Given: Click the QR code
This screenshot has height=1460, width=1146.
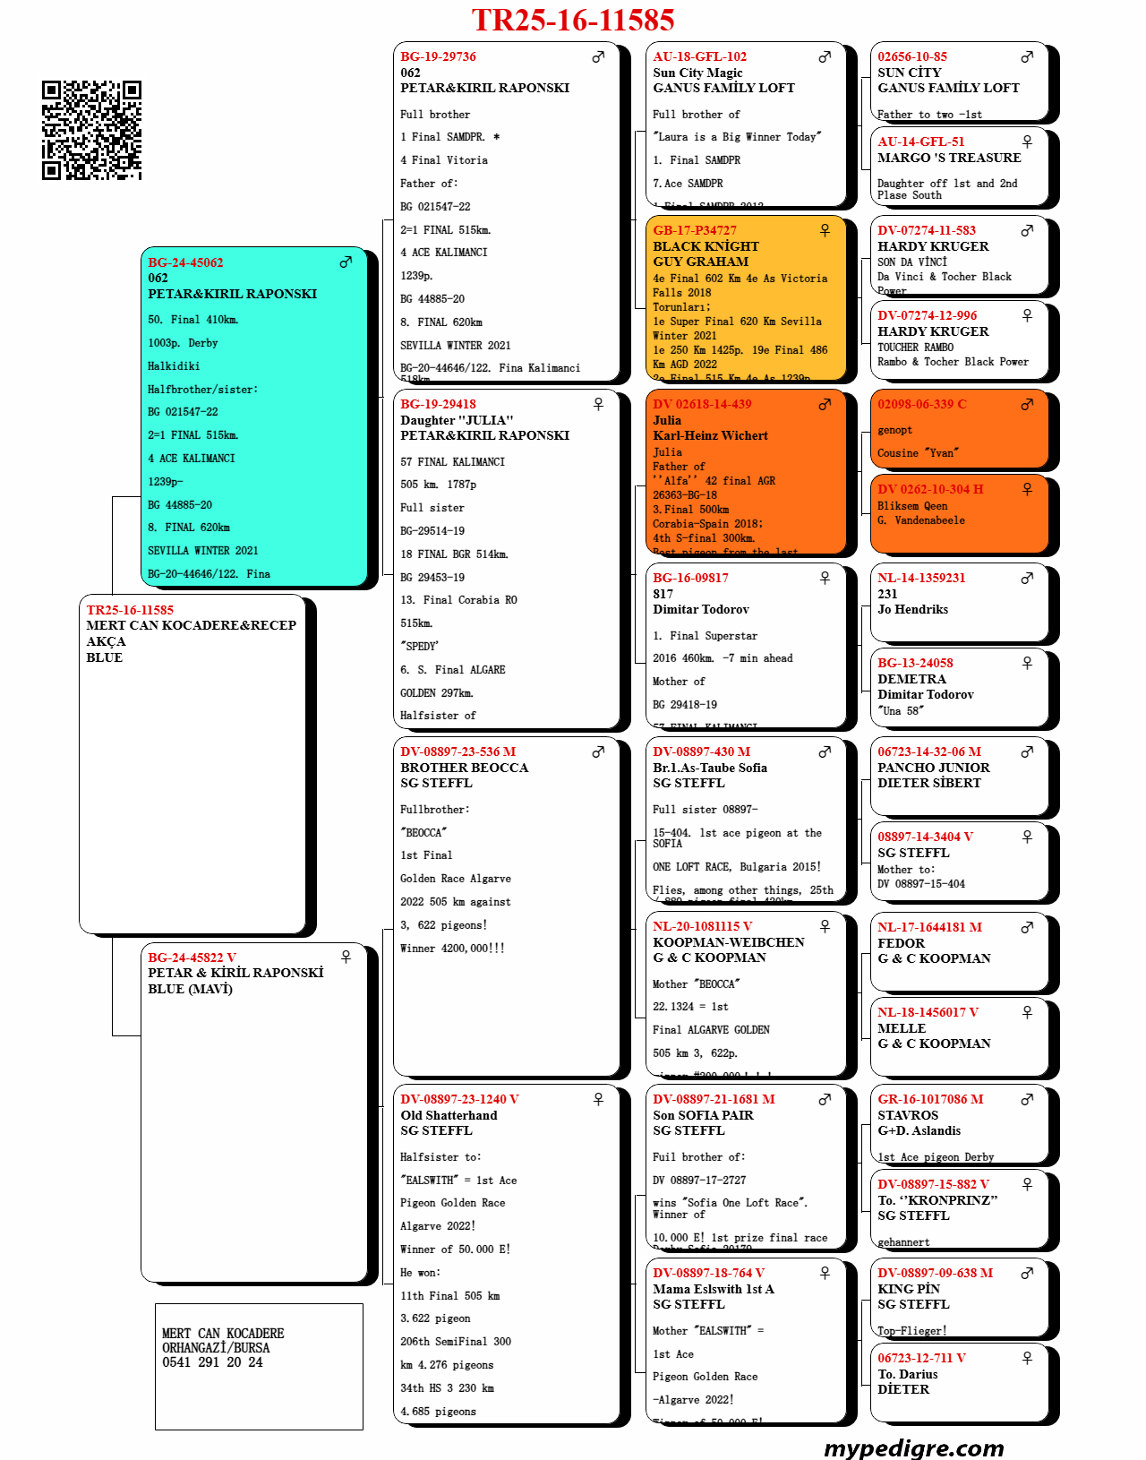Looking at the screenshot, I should [91, 130].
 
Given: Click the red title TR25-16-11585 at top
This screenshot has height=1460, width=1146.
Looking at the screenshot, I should [573, 20].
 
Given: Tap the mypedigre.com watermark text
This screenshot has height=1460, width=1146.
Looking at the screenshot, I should [913, 1447].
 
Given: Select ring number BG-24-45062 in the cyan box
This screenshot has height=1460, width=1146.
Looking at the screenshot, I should [185, 262].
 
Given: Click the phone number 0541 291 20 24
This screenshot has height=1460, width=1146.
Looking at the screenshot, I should [212, 1362].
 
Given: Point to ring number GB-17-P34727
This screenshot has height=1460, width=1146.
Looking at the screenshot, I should [695, 230].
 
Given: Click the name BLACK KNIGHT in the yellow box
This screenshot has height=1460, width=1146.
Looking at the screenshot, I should [706, 246].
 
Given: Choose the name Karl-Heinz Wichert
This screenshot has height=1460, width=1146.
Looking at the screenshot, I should [710, 435].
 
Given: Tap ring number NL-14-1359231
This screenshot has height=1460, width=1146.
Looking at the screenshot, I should [921, 578].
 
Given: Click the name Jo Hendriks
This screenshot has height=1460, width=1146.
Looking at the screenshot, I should [912, 609].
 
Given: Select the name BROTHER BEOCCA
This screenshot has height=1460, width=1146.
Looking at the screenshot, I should [464, 768].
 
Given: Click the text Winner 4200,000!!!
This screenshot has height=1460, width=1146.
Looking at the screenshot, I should [452, 949].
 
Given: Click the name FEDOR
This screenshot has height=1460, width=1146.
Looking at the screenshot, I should [901, 943].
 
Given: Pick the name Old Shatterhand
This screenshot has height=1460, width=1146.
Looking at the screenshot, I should [449, 1115].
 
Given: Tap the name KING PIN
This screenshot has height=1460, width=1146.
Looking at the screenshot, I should [909, 1289].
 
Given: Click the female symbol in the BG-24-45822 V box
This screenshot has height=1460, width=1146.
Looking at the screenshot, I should [346, 957].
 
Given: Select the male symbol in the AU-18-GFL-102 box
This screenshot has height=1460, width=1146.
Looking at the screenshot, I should [825, 56].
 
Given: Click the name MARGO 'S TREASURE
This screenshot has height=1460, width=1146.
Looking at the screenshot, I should [949, 158].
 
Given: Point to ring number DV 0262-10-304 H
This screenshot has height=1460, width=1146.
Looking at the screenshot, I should [930, 489].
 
